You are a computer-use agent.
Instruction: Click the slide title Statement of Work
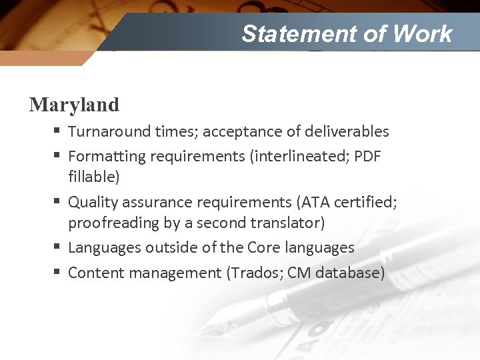point(347,33)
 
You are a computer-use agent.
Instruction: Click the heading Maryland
point(74,105)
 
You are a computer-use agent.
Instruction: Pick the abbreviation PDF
point(367,157)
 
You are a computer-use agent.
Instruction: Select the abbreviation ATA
point(315,201)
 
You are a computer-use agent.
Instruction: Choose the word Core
point(264,247)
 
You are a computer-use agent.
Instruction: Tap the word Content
point(95,272)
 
